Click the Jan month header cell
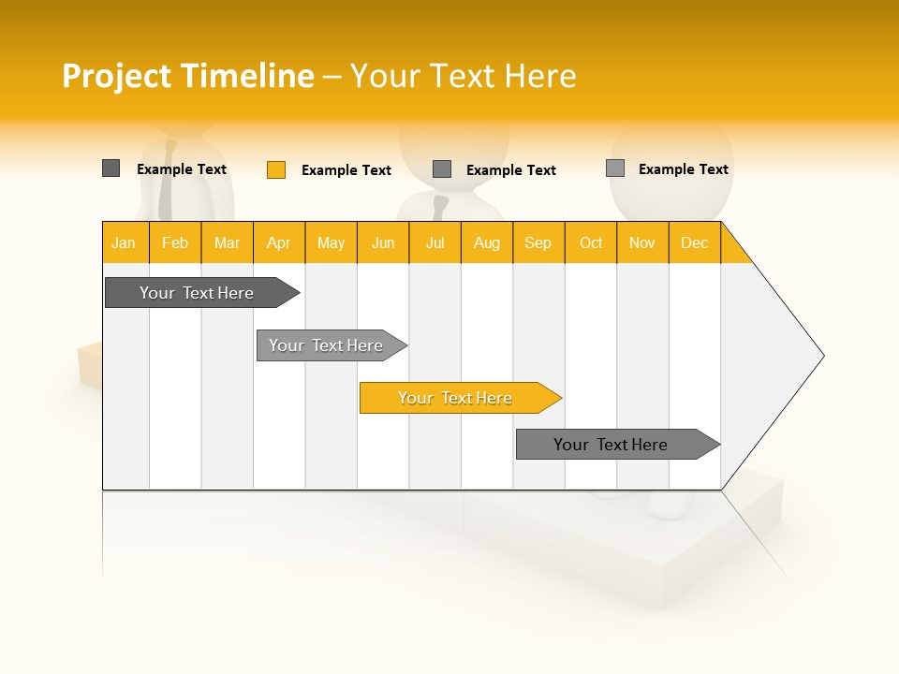pos(125,242)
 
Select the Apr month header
pos(279,242)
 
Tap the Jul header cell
pos(435,242)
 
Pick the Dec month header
pos(694,242)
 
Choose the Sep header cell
pos(538,242)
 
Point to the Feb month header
pos(175,242)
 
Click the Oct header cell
pos(591,242)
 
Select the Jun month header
pos(383,242)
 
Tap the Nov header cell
pos(642,242)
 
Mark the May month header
pos(331,242)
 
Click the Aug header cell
pos(487,242)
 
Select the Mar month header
pos(227,242)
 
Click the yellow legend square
pos(276,169)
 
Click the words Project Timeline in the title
pos(188,76)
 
